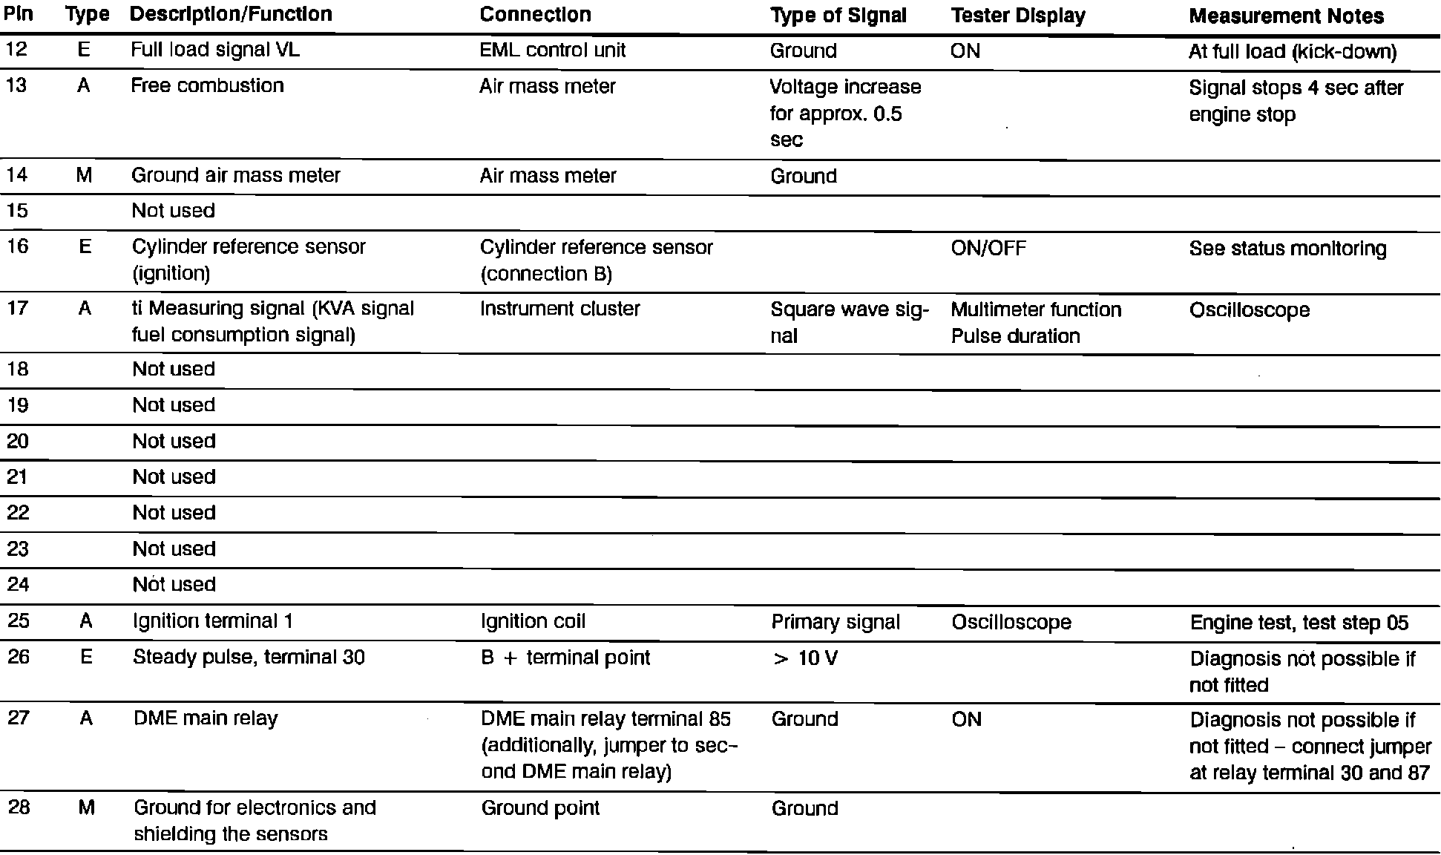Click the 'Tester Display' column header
pyautogui.click(x=1017, y=16)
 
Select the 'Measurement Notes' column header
pyautogui.click(x=1286, y=16)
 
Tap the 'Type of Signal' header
pyautogui.click(x=838, y=16)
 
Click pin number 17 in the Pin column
pyautogui.click(x=18, y=308)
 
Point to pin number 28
pyautogui.click(x=19, y=807)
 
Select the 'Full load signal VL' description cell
pyautogui.click(x=215, y=50)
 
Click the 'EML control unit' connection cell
pyautogui.click(x=552, y=50)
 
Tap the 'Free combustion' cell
pyautogui.click(x=207, y=86)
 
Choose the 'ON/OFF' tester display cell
pyautogui.click(x=988, y=248)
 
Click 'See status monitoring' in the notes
pyautogui.click(x=1287, y=249)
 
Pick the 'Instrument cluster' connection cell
pyautogui.click(x=559, y=309)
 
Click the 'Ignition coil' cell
pyautogui.click(x=533, y=621)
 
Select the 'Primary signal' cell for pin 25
pyautogui.click(x=836, y=622)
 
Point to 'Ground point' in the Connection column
pyautogui.click(x=540, y=808)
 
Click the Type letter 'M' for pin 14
pyautogui.click(x=85, y=175)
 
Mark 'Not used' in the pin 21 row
pyautogui.click(x=174, y=476)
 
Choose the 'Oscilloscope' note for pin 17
pyautogui.click(x=1249, y=310)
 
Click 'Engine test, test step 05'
pyautogui.click(x=1299, y=623)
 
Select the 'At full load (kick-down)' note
pyautogui.click(x=1292, y=52)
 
